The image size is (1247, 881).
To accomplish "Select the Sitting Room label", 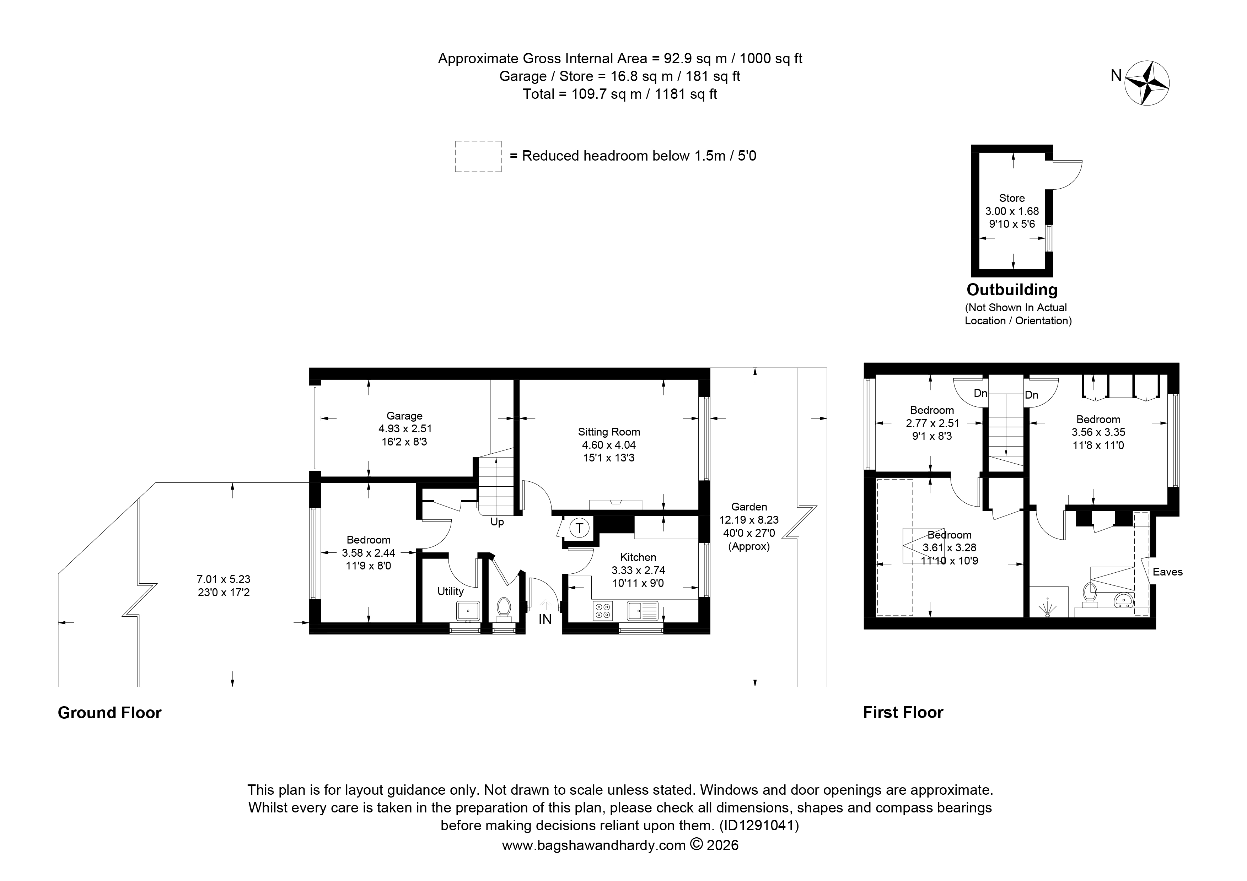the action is pyautogui.click(x=609, y=432).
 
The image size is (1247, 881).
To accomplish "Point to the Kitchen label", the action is pyautogui.click(x=638, y=557).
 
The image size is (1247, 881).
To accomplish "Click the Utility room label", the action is pyautogui.click(x=450, y=591).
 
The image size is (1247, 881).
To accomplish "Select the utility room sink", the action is pyautogui.click(x=468, y=611).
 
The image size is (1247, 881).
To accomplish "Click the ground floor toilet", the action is pyautogui.click(x=504, y=609).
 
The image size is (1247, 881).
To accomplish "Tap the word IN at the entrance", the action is pyautogui.click(x=545, y=619).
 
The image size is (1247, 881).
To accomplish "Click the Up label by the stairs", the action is pyautogui.click(x=497, y=522).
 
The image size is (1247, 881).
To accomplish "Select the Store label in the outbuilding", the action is pyautogui.click(x=1012, y=198).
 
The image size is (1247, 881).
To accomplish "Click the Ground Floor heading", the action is pyautogui.click(x=110, y=713).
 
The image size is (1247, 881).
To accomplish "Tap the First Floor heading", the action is pyautogui.click(x=903, y=712).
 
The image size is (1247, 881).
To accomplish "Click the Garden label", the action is pyautogui.click(x=749, y=507).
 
